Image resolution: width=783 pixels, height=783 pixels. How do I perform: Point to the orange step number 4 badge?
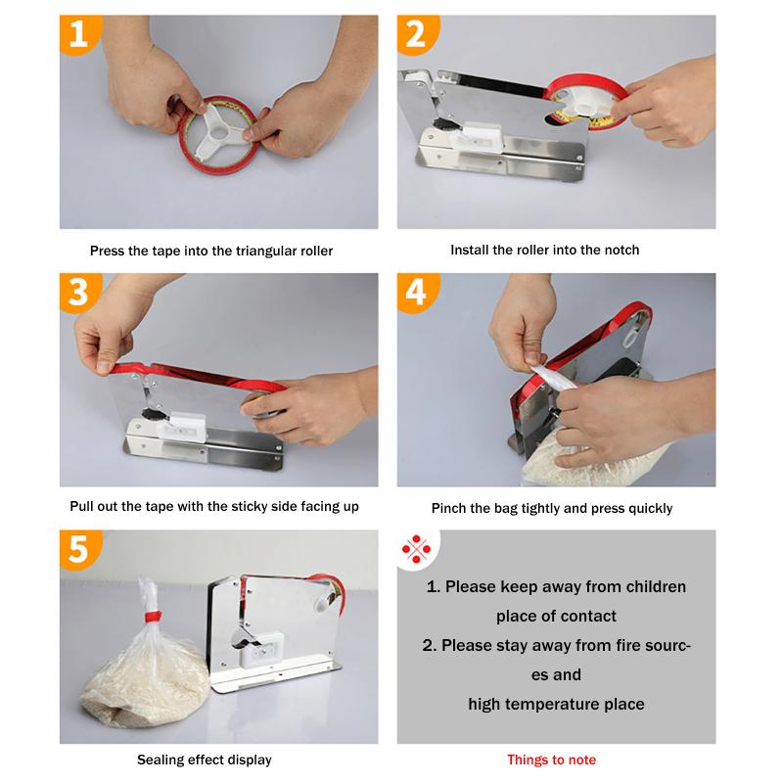[416, 292]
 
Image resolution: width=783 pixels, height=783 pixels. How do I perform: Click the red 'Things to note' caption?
[551, 760]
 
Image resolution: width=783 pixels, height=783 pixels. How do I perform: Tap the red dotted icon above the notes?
[418, 551]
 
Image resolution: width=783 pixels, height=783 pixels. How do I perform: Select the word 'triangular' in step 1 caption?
[269, 251]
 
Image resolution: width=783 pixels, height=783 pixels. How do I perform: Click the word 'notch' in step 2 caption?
[621, 250]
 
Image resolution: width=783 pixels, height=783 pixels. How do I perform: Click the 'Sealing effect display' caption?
[205, 760]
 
